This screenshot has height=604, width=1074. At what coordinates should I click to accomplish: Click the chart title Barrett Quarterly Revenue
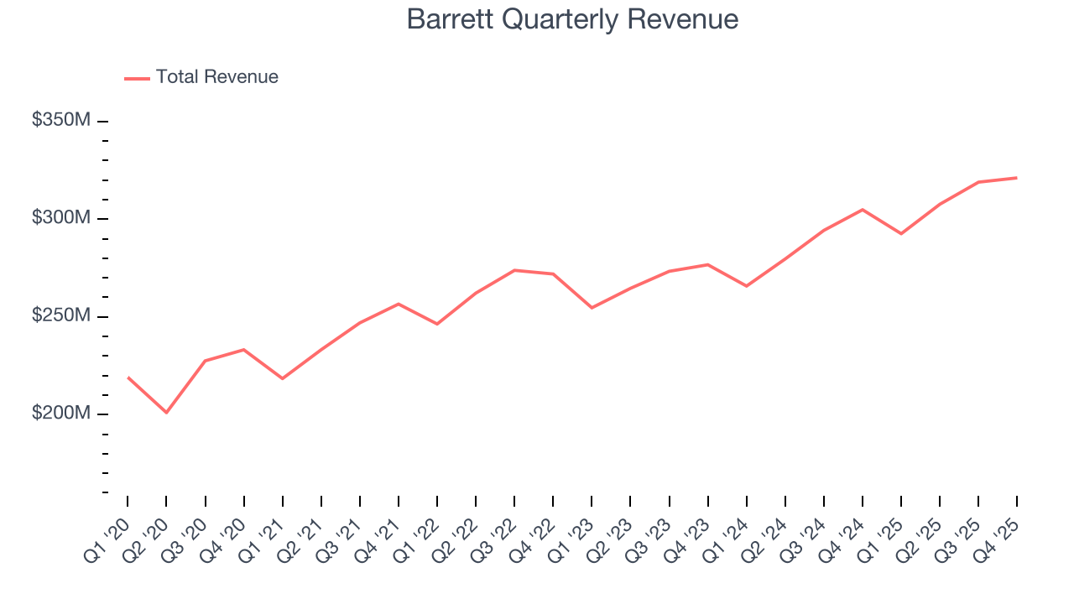click(x=572, y=19)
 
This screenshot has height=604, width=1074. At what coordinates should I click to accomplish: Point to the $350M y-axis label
click(x=60, y=121)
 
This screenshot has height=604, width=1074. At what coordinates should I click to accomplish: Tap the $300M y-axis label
click(x=60, y=218)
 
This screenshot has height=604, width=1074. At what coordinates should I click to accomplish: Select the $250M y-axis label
click(x=60, y=316)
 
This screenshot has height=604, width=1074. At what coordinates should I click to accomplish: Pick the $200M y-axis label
click(x=60, y=414)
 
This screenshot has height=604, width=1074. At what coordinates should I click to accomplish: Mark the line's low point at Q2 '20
click(x=166, y=413)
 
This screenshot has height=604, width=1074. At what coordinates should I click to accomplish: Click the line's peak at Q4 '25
click(x=1017, y=178)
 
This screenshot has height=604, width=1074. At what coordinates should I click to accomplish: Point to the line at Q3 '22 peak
click(x=514, y=270)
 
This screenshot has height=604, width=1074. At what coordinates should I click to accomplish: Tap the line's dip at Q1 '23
click(x=592, y=308)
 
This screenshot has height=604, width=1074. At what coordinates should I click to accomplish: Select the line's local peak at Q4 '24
click(x=863, y=210)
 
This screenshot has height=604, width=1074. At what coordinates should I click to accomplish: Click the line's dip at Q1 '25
click(x=901, y=233)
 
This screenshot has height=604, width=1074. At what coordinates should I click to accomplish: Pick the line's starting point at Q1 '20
click(x=128, y=377)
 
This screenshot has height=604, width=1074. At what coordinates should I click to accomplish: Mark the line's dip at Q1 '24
click(x=747, y=286)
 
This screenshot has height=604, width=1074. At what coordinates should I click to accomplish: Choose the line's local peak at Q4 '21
click(x=399, y=304)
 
